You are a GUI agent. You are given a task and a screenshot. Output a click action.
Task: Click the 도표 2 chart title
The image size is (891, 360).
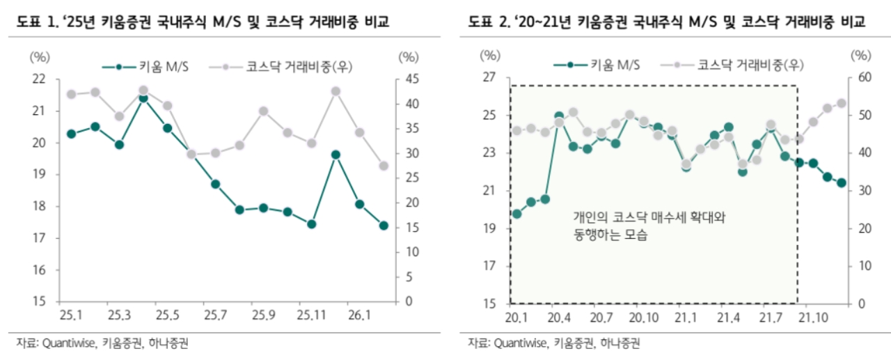pos(666,24)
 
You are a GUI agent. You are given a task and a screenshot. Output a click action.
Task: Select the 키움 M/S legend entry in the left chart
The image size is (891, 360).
pos(147,67)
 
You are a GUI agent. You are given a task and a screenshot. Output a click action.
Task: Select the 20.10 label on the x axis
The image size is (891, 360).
pos(645,318)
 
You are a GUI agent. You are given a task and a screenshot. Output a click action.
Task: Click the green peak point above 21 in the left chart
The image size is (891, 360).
pos(143,98)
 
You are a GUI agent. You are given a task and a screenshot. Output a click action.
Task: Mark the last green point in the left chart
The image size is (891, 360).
pos(384,226)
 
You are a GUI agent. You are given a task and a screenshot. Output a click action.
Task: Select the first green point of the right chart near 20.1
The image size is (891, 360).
pos(517,214)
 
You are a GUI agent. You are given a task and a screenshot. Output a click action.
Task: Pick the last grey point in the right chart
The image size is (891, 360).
pos(841,103)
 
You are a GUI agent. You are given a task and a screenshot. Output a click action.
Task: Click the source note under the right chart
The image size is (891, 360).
pos(553,343)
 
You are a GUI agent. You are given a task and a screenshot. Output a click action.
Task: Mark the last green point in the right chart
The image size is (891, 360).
pos(841,182)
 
